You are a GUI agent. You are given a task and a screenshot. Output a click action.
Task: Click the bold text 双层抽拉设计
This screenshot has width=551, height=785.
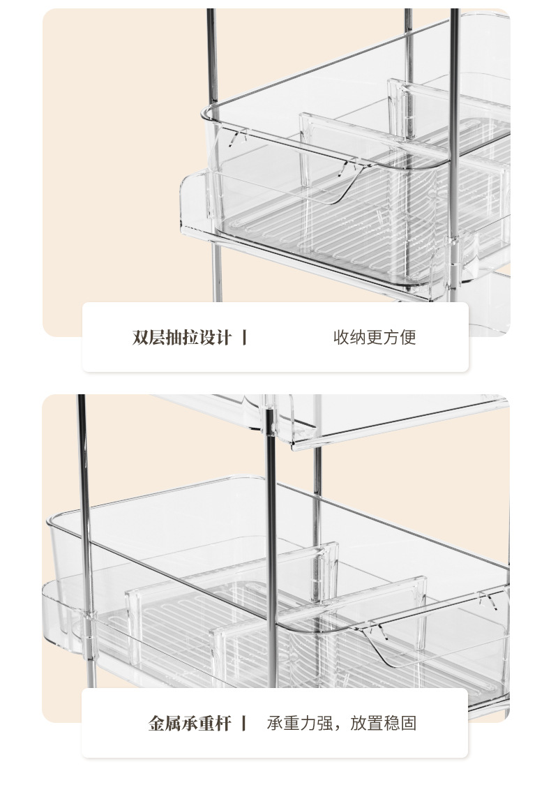181,338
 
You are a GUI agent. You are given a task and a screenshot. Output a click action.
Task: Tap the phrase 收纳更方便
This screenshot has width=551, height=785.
375,338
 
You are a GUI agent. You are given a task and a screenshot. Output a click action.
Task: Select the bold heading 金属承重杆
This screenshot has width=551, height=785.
189,723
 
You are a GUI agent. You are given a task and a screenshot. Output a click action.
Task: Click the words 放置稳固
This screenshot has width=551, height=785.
383,723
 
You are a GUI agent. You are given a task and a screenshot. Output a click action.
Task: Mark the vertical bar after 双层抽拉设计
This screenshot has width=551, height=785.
244,338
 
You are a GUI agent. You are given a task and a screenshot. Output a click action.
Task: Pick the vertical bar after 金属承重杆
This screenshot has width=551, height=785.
243,723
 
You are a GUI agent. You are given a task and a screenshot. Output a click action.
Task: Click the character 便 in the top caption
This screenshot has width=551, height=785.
408,338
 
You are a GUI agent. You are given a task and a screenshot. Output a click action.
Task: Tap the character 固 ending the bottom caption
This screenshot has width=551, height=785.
409,723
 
